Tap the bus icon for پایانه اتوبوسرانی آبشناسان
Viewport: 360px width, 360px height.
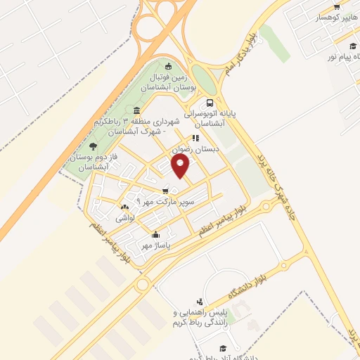pyautogui.click(x=210, y=103)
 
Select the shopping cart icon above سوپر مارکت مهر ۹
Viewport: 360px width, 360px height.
pyautogui.click(x=165, y=191)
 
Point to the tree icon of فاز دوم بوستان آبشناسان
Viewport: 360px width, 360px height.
pyautogui.click(x=94, y=146)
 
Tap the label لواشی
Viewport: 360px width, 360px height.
pyautogui.click(x=125, y=218)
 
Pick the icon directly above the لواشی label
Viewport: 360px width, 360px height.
pyautogui.click(x=125, y=207)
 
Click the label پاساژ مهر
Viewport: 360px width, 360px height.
pyautogui.click(x=155, y=245)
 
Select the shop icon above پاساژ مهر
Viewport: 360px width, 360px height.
pyautogui.click(x=155, y=234)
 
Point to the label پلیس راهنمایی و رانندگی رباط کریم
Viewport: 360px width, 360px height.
pyautogui.click(x=201, y=317)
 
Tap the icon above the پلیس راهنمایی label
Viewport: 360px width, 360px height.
pyautogui.click(x=200, y=301)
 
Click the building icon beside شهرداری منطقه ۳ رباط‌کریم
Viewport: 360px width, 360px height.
pyautogui.click(x=136, y=111)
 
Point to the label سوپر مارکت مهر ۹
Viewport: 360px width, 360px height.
pyautogui.click(x=165, y=202)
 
